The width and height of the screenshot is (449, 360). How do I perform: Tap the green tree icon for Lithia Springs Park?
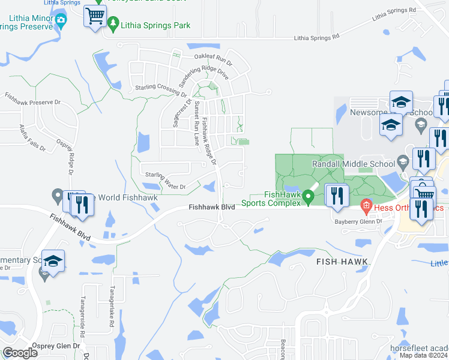point(114,24)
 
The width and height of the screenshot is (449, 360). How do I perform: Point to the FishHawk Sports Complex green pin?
point(309,196)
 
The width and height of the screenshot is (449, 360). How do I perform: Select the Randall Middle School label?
point(353,163)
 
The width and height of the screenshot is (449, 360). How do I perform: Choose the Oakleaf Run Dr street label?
point(212,59)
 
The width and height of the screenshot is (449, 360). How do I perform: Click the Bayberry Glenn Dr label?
point(358,221)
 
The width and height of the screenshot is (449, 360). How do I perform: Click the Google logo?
point(20,353)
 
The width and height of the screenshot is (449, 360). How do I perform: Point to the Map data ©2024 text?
point(424,355)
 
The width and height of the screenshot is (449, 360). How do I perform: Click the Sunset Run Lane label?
point(197,123)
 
